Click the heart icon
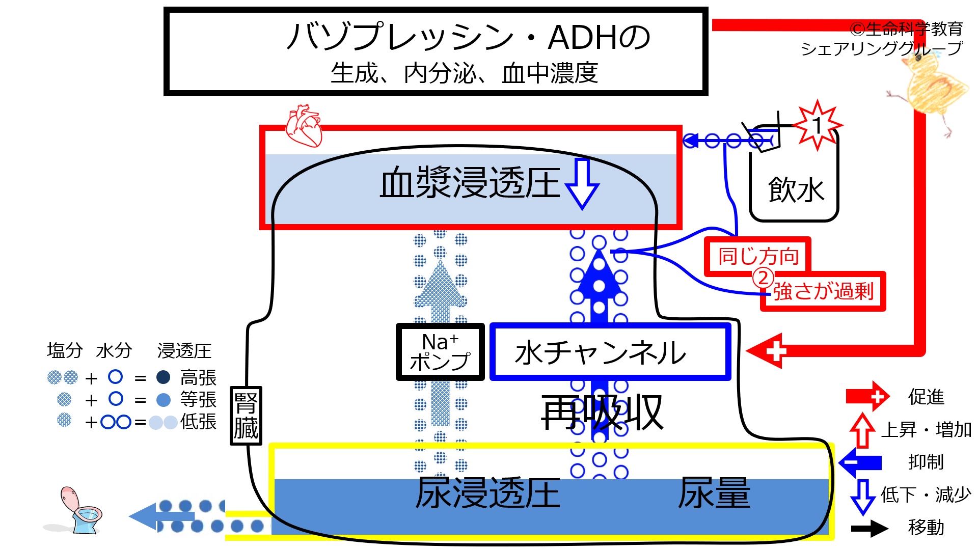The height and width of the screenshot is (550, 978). [x=304, y=126]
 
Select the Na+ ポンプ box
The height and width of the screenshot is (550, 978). [x=440, y=352]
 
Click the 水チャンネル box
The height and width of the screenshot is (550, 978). [x=610, y=352]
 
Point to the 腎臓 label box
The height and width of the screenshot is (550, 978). [x=246, y=416]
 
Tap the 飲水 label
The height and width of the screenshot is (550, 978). [x=796, y=189]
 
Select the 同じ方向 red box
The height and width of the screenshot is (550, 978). [x=758, y=256]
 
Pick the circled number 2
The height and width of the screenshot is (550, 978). [x=763, y=278]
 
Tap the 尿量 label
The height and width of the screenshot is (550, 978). [x=714, y=493]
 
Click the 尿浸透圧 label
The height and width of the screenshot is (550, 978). [x=487, y=493]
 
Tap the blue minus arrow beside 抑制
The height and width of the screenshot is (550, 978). [x=860, y=462]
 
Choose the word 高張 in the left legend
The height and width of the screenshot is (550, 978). [x=198, y=378]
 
